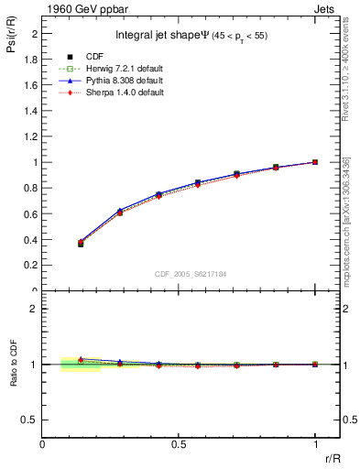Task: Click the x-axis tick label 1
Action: pos(315,444)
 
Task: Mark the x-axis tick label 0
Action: pos(42,444)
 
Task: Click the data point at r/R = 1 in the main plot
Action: pos(315,162)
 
